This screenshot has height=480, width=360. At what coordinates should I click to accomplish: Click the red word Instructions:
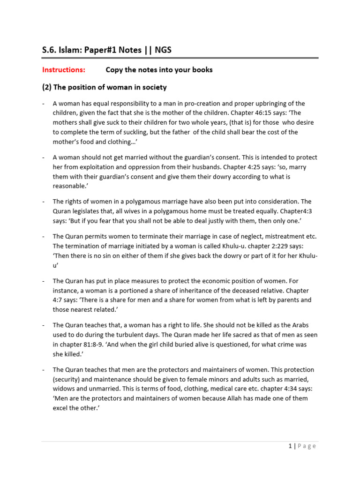pos(64,70)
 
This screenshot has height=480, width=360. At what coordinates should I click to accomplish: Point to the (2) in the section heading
pos(47,87)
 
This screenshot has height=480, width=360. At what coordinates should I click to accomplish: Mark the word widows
pos(64,389)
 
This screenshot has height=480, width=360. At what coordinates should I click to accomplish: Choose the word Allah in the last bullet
pos(237,398)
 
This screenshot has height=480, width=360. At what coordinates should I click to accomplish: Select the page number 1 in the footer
pos(291,446)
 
